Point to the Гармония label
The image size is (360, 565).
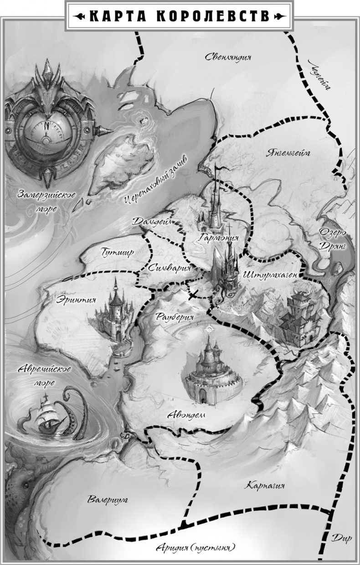pyautogui.click(x=219, y=237)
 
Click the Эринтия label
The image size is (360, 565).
pyautogui.click(x=76, y=300)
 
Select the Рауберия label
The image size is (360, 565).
pyautogui.click(x=175, y=316)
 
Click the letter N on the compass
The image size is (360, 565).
pyautogui.click(x=46, y=124)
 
